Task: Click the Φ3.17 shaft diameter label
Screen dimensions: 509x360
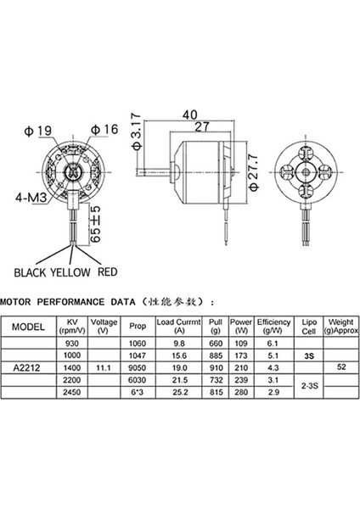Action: click(x=136, y=137)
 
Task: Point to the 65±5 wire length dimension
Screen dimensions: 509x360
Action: click(x=96, y=221)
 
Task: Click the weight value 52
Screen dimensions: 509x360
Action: click(x=340, y=367)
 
